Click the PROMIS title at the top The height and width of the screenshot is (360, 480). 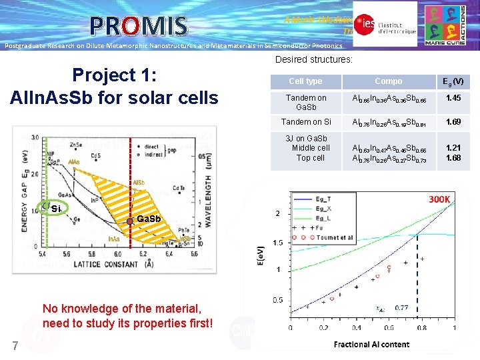click(139, 25)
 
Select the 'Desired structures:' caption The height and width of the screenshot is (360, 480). click(314, 60)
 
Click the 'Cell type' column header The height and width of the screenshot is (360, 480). click(305, 81)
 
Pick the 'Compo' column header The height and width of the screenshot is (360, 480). click(388, 81)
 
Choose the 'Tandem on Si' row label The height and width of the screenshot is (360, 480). click(306, 122)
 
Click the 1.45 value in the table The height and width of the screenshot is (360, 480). click(454, 98)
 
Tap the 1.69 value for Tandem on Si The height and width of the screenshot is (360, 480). click(454, 122)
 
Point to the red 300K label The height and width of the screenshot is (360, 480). click(439, 199)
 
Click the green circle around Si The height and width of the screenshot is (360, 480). click(45, 207)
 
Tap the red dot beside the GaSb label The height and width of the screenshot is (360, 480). click(130, 219)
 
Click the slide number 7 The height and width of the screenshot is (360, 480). click(15, 345)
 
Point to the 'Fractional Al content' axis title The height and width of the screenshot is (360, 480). click(371, 344)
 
